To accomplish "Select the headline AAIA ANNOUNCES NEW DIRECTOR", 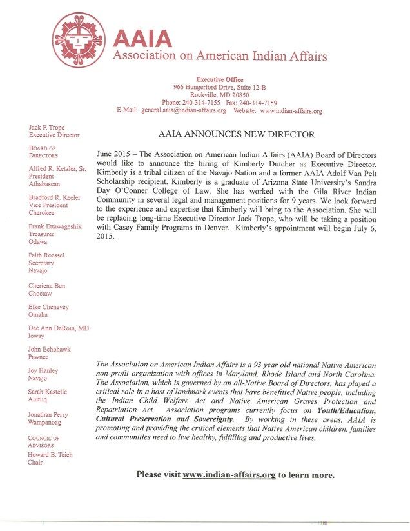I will point(237,135).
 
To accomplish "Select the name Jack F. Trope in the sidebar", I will point(47,128).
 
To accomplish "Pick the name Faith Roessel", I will point(47,255).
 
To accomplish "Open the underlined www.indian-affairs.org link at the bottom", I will point(229,474).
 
